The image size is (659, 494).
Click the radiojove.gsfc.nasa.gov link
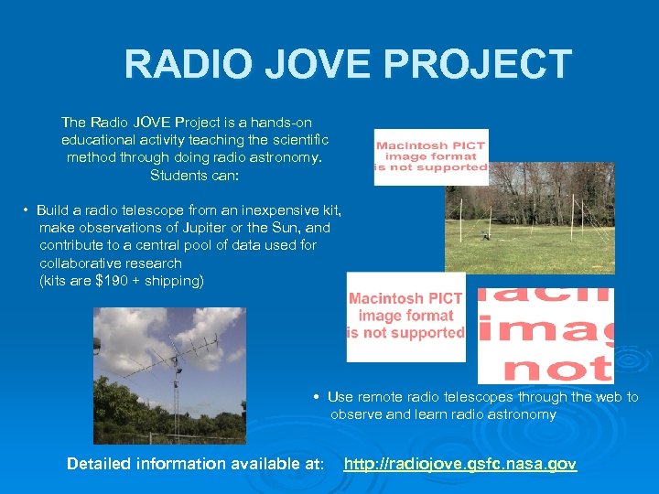coord(460,465)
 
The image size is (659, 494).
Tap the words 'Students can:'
coord(195,175)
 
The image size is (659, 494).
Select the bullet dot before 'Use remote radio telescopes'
coord(315,398)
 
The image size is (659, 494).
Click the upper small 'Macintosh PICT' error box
coord(431,156)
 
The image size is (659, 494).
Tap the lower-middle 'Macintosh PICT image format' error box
coord(405,317)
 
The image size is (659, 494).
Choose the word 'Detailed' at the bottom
coord(100,465)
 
